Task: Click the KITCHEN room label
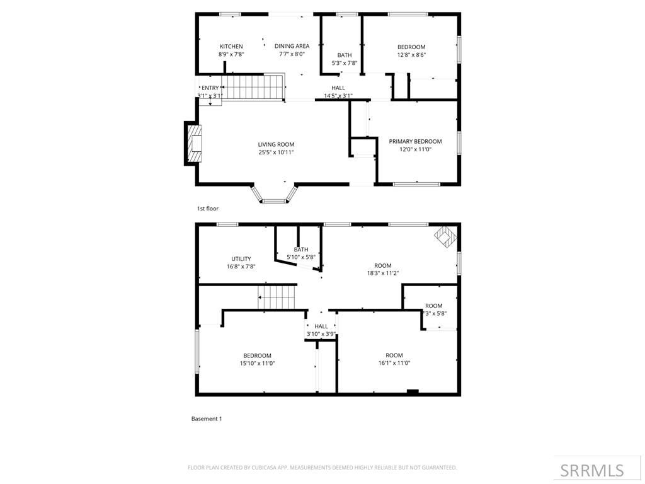click(x=231, y=47)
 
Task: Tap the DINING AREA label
click(x=292, y=46)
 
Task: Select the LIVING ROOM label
click(x=276, y=144)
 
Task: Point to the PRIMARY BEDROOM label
click(x=415, y=141)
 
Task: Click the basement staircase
click(x=277, y=297)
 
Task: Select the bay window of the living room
click(x=274, y=194)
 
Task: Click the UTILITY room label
click(x=241, y=259)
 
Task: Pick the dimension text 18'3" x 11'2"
click(x=383, y=274)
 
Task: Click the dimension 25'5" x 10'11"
click(x=276, y=153)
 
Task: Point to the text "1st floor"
click(x=208, y=208)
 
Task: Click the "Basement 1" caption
click(x=207, y=418)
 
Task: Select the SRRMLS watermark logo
click(x=592, y=470)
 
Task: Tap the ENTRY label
click(x=210, y=88)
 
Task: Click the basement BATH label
click(x=300, y=250)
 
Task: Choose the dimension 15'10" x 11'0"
click(x=257, y=363)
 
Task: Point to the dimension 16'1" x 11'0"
click(x=394, y=363)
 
